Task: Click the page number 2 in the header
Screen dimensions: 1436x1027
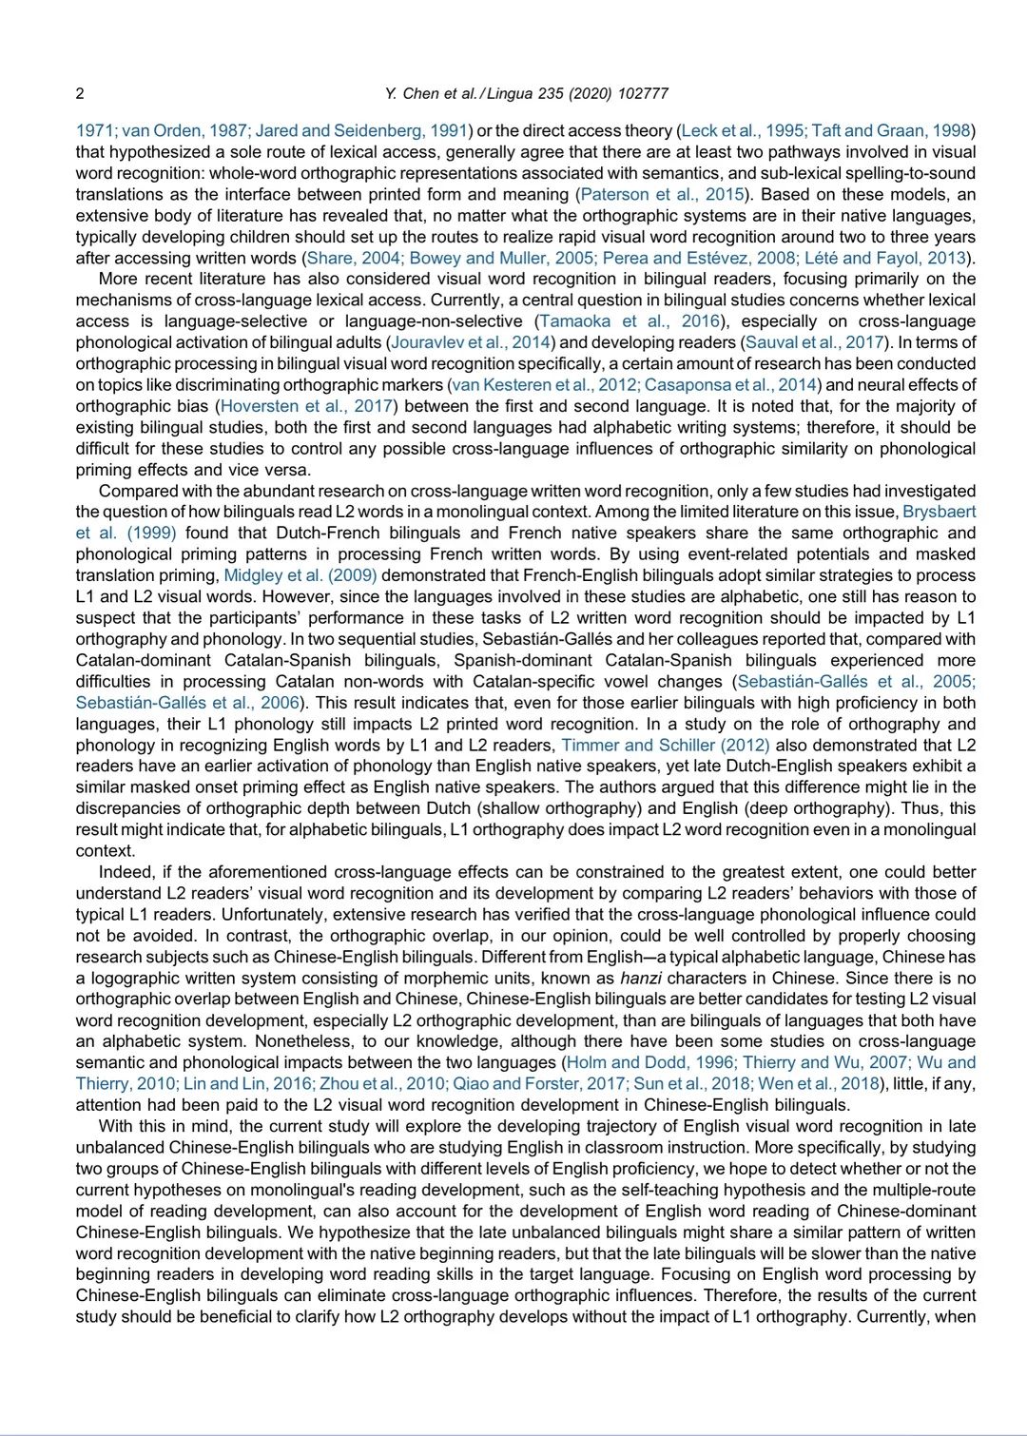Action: [x=80, y=93]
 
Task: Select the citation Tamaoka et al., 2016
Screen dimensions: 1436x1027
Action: [x=630, y=321]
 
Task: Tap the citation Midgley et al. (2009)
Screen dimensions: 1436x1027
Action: [x=300, y=575]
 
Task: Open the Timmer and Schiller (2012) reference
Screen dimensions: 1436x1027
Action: [x=666, y=745]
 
